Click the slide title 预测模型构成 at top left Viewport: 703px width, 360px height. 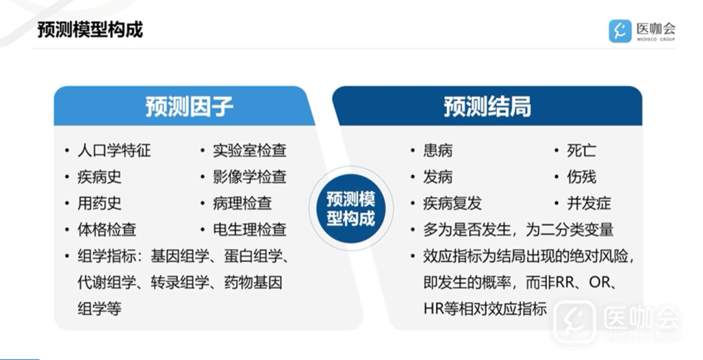coord(90,29)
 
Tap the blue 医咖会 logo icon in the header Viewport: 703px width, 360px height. coord(620,31)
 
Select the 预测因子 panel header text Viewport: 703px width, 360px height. coord(189,107)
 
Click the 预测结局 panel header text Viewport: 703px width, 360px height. coord(488,107)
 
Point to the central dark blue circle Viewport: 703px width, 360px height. coord(351,208)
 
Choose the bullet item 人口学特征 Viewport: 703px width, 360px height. coord(115,150)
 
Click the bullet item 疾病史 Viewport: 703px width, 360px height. coord(100,176)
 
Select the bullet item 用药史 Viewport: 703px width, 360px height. coord(100,203)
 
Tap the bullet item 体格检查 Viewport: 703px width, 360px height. coord(107,230)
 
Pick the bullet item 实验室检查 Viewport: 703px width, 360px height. coord(250,150)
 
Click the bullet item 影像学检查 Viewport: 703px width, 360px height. coord(250,176)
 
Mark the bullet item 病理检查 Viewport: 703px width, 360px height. coord(243,203)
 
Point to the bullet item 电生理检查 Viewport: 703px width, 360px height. coord(250,230)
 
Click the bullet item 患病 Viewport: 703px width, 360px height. coord(438,150)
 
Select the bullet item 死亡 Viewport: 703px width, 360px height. coord(581,150)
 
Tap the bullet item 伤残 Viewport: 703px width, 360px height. coord(581,176)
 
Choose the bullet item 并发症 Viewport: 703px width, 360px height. coord(588,203)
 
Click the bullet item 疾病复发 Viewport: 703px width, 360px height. coord(452,203)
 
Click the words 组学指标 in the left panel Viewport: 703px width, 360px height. coord(107,256)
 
